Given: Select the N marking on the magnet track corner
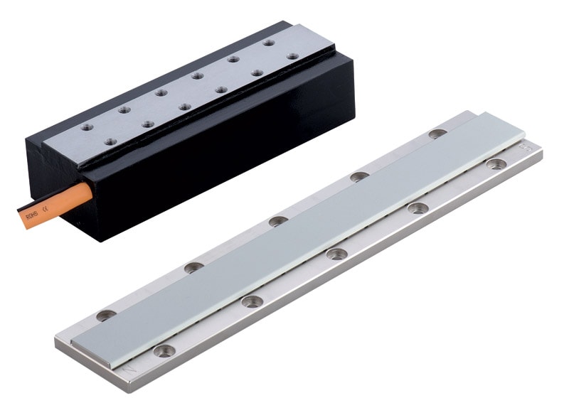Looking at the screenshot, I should point(130,370).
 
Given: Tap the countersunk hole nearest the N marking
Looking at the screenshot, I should point(165,350).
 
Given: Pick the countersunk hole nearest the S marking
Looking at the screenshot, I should point(496,164).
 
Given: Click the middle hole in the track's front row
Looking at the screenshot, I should point(336,254).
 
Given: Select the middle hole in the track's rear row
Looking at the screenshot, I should point(278,221).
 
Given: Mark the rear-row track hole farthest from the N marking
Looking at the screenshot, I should point(438,133).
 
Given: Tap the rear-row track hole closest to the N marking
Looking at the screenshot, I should point(106,315).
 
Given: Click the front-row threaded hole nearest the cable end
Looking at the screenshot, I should point(110,141).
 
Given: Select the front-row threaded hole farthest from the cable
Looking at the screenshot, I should point(292,55).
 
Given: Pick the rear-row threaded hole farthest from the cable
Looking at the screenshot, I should point(268,43).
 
